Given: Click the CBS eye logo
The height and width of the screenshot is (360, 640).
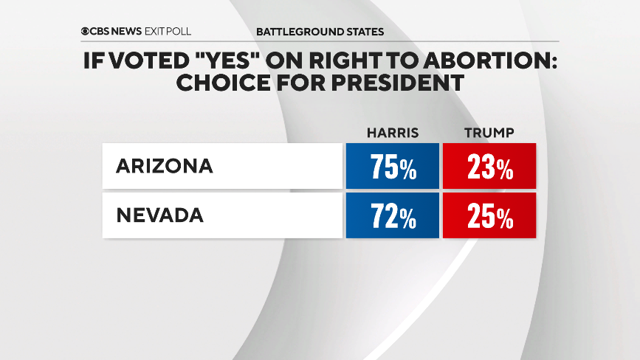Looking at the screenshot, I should click(86, 32).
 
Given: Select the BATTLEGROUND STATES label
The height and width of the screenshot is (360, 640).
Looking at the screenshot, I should click(320, 32).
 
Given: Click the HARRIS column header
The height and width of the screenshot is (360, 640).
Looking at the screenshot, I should click(393, 133).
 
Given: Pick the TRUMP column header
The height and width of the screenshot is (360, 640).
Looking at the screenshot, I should click(489, 133).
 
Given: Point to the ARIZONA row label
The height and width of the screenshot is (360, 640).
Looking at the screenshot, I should click(165, 166).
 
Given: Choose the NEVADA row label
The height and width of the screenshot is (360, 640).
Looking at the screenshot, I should click(160, 215).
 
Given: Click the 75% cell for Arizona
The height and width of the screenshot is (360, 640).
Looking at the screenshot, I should click(393, 167).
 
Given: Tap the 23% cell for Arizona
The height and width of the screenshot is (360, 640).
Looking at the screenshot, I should click(489, 167).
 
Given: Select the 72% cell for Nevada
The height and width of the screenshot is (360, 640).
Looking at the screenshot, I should click(393, 217).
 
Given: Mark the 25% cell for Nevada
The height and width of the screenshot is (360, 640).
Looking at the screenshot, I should click(489, 217).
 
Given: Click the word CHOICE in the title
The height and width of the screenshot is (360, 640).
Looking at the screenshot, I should click(216, 83).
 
